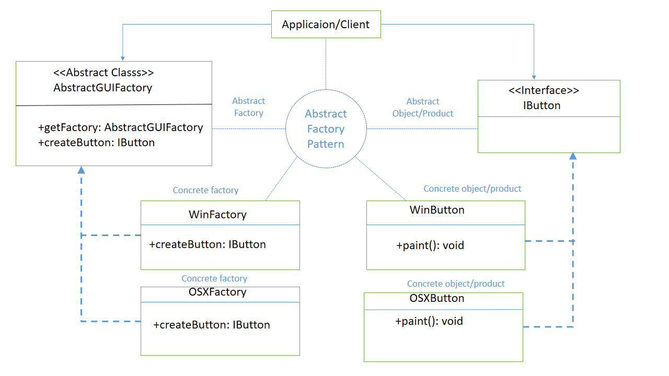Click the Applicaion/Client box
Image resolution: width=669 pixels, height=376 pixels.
(x=326, y=25)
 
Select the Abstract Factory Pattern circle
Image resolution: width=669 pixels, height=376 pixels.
(x=326, y=128)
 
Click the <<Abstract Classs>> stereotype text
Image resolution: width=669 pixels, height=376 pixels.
(x=103, y=73)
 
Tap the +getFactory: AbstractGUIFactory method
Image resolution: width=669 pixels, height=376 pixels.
(x=120, y=127)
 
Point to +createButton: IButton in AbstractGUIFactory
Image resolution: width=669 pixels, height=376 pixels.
(x=96, y=143)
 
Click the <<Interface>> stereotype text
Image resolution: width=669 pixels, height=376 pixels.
(x=544, y=90)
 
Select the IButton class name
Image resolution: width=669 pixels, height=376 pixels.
(x=541, y=105)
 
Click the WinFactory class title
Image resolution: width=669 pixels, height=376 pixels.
(x=217, y=214)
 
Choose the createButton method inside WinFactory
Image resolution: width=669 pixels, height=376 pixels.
(x=207, y=244)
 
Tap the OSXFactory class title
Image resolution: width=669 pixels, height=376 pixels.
(x=217, y=292)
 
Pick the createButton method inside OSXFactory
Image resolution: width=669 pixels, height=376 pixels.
(x=212, y=325)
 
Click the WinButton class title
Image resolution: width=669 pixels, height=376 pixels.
(x=437, y=210)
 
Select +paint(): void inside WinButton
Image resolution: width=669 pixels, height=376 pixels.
(x=430, y=245)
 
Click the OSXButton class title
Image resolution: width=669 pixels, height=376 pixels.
(x=437, y=298)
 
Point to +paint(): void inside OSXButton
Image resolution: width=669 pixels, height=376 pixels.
(x=429, y=321)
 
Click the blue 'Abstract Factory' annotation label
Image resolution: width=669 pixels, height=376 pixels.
(x=248, y=107)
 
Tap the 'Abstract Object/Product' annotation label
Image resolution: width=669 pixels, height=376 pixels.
(x=423, y=107)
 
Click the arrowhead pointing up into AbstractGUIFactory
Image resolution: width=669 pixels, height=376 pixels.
(x=81, y=170)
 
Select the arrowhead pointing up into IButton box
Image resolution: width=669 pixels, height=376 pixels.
(x=573, y=156)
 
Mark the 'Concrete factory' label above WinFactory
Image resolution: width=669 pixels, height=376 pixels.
(x=205, y=190)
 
